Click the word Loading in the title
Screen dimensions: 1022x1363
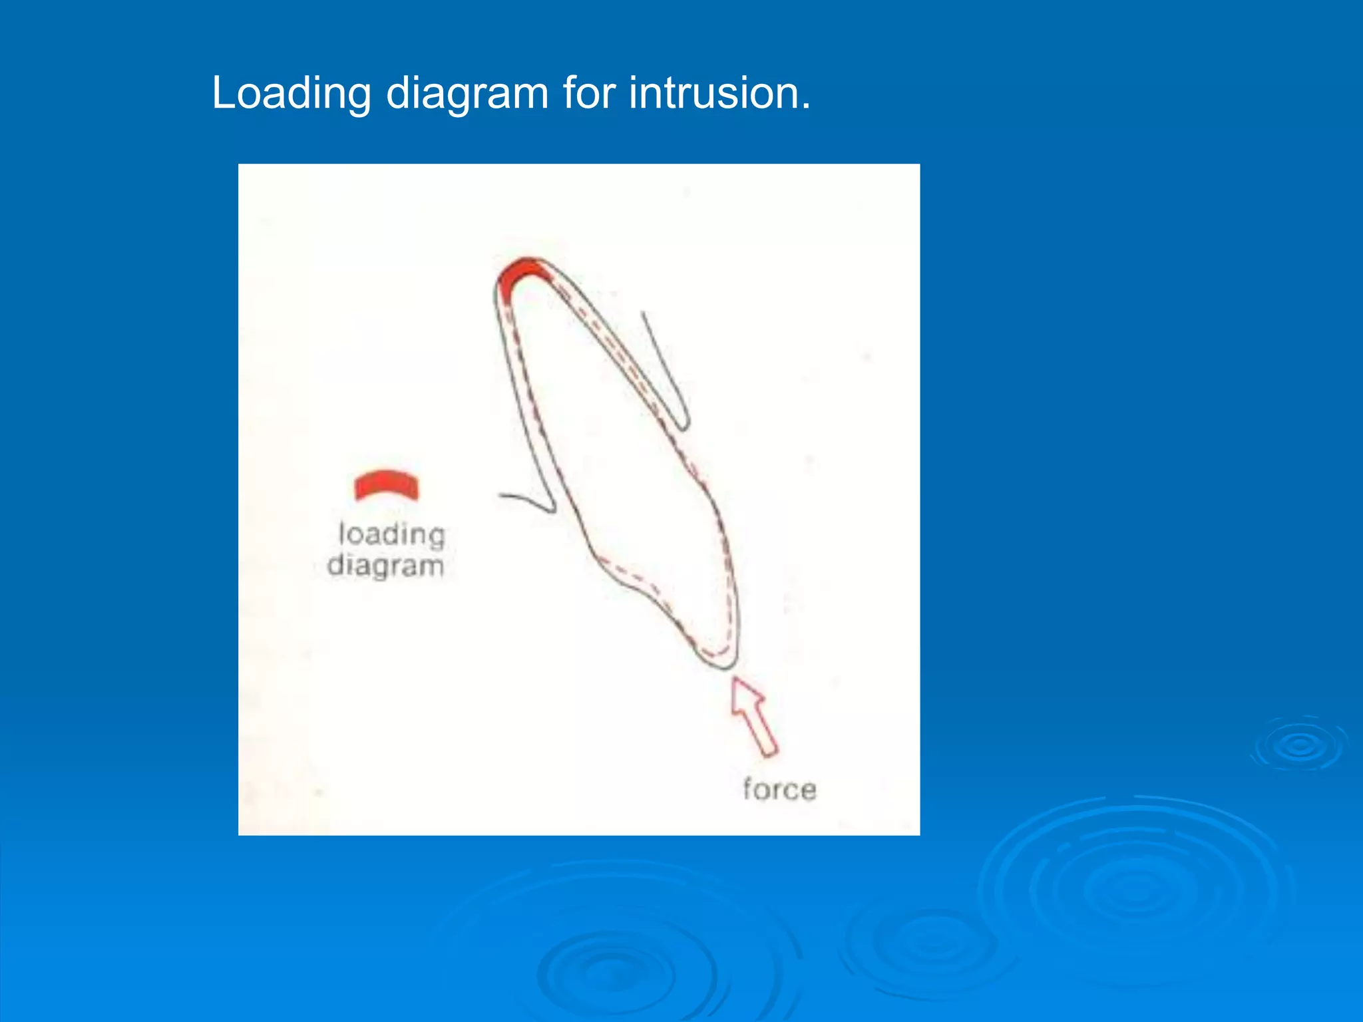pyautogui.click(x=291, y=94)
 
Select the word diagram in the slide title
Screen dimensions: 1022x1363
pyautogui.click(x=467, y=94)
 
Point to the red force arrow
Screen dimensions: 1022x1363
pyautogui.click(x=755, y=716)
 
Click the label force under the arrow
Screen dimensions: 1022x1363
pyautogui.click(x=779, y=790)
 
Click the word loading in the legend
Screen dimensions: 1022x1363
pyautogui.click(x=391, y=534)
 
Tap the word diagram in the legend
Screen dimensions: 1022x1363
pyautogui.click(x=385, y=566)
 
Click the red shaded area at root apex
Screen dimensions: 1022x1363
pyautogui.click(x=520, y=273)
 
